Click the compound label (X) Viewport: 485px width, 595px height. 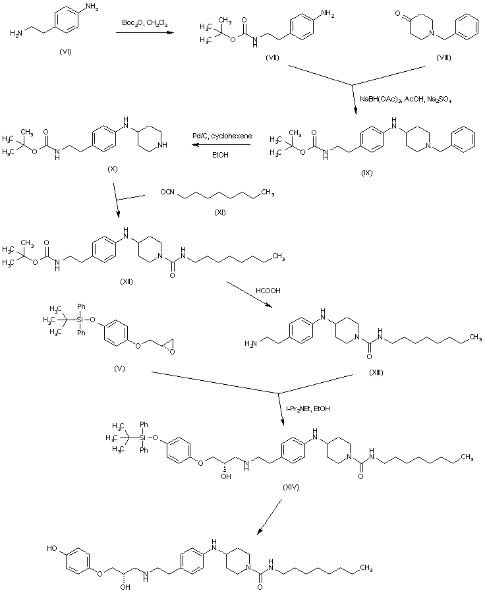[x=113, y=169]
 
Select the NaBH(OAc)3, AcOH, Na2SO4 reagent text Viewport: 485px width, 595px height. [x=405, y=99]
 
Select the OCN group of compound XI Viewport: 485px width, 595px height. [x=167, y=192]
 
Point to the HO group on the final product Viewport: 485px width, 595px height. [x=53, y=547]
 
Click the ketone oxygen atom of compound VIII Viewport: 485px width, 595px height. [x=396, y=11]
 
